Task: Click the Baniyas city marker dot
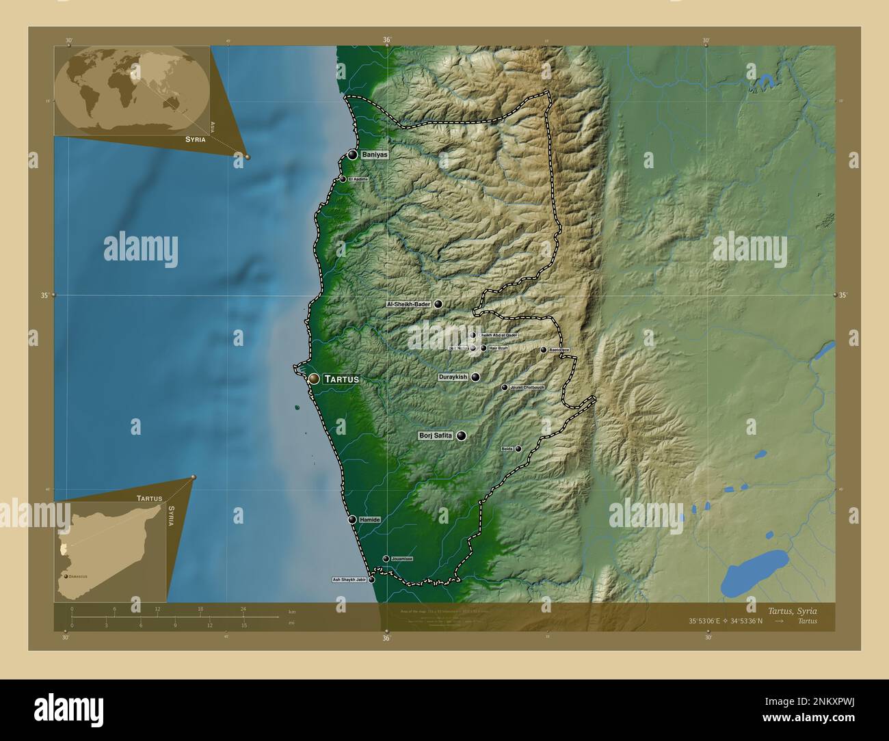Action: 352,155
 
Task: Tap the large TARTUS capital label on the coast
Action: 341,379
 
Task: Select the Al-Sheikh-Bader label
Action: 409,304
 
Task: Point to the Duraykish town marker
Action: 475,377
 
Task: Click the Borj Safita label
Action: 436,435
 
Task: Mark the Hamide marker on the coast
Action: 352,520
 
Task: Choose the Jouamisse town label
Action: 401,559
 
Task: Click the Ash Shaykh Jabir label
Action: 349,580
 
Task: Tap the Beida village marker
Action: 518,449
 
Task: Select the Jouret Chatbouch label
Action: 527,388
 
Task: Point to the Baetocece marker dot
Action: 544,350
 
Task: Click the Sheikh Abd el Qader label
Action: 498,336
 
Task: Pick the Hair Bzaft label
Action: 499,349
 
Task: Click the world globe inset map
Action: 132,91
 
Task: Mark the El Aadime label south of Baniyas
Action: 358,179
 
